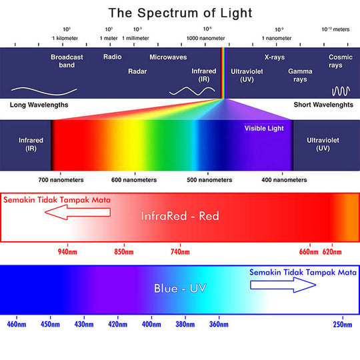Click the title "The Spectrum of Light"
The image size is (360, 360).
[180, 13]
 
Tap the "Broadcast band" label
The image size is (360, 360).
[67, 61]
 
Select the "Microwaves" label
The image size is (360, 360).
[168, 57]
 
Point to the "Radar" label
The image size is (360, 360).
[137, 71]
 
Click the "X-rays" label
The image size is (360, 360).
[275, 57]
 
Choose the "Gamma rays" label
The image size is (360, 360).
[300, 75]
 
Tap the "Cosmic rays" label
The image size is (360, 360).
[340, 61]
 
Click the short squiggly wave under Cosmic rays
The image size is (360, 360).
[341, 91]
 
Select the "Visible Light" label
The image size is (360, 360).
[264, 128]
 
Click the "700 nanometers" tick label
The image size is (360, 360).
[61, 180]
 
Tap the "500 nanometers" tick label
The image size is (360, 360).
[209, 180]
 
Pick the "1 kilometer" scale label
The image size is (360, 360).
[65, 38]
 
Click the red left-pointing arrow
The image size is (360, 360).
[77, 212]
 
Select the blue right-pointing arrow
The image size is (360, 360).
[283, 285]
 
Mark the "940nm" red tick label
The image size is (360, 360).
[67, 252]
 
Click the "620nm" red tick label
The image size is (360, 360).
[332, 252]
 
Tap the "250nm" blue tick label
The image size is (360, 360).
[343, 325]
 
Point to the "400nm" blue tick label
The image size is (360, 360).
[151, 325]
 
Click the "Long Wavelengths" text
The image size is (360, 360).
[39, 105]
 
